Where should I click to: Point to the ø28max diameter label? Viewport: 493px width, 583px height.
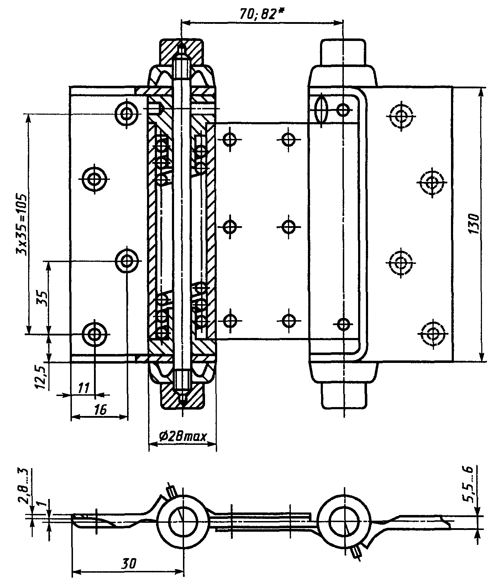point(183,436)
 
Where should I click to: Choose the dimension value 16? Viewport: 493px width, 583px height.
point(100,410)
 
